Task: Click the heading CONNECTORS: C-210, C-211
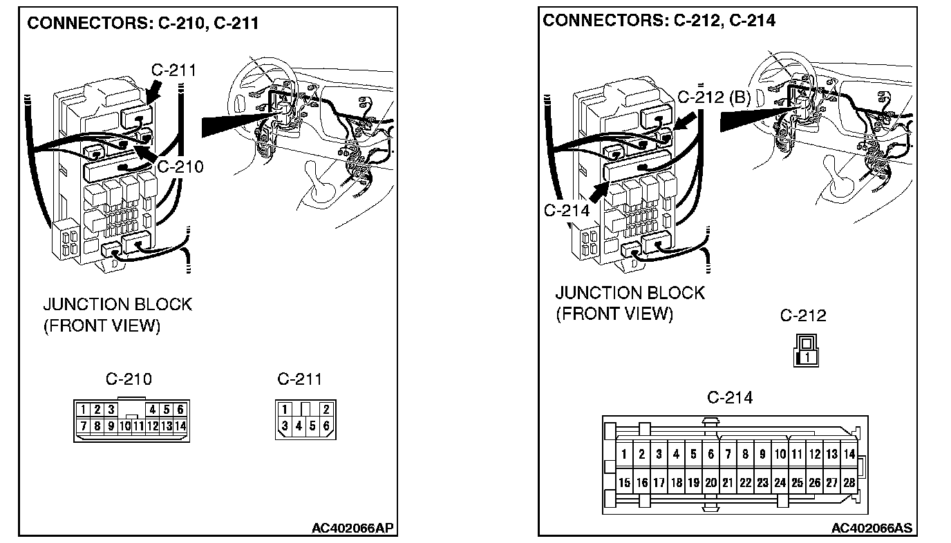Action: (142, 23)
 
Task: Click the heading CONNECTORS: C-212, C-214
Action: (659, 20)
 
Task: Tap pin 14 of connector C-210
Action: (180, 426)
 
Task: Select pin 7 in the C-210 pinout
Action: (83, 426)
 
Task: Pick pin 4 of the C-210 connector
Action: (153, 410)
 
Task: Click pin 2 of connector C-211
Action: (326, 410)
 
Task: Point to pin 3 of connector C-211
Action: (285, 426)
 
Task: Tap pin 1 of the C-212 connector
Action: (807, 357)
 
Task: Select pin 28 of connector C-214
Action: (849, 483)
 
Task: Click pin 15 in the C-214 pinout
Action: (624, 483)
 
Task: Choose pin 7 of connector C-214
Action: (728, 454)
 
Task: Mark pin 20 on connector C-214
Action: (710, 483)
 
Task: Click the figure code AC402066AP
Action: (352, 528)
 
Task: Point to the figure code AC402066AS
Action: (872, 528)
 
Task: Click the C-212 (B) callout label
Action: (714, 97)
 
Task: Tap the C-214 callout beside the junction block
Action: (567, 210)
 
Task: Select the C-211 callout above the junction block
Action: (173, 70)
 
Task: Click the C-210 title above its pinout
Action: (129, 379)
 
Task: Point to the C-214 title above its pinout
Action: (730, 397)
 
